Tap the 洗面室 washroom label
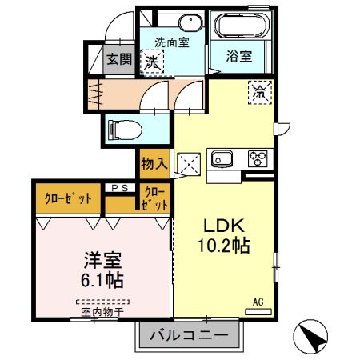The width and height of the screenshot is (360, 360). (171, 42)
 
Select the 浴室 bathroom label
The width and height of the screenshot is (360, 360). (238, 57)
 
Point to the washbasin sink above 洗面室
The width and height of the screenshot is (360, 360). (189, 22)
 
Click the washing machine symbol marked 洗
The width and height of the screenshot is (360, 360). (150, 61)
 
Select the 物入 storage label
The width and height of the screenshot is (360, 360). (153, 164)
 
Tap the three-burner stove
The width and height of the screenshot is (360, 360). (258, 157)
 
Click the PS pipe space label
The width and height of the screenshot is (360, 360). (120, 189)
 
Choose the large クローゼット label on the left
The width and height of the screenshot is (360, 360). (68, 198)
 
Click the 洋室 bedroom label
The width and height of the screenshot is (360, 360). (102, 261)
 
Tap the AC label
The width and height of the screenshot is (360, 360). (258, 301)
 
